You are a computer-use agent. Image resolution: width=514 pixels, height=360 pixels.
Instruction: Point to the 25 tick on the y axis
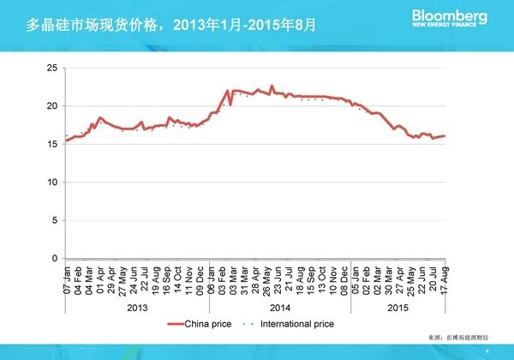coord(52,68)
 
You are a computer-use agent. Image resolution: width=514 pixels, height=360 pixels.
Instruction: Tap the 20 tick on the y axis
coord(52,106)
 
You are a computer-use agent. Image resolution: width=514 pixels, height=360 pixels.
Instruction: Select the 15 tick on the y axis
coord(52,144)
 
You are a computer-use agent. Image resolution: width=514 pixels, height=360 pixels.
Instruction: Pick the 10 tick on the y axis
coord(52,183)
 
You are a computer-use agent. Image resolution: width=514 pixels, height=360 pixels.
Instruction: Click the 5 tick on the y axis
coord(54,220)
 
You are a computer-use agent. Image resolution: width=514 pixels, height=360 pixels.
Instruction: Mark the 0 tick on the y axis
coord(54,259)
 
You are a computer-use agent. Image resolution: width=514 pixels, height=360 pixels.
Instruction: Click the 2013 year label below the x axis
coord(137,306)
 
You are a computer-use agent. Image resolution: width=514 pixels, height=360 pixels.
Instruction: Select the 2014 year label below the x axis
coord(280,306)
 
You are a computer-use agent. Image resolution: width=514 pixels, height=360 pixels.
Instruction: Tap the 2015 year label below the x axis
coord(399,306)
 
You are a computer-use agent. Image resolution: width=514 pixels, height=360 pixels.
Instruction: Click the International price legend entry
coord(290,324)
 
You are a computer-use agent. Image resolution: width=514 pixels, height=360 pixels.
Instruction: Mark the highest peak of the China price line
coord(272,87)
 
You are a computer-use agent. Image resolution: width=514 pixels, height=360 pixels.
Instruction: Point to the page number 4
coord(487,351)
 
